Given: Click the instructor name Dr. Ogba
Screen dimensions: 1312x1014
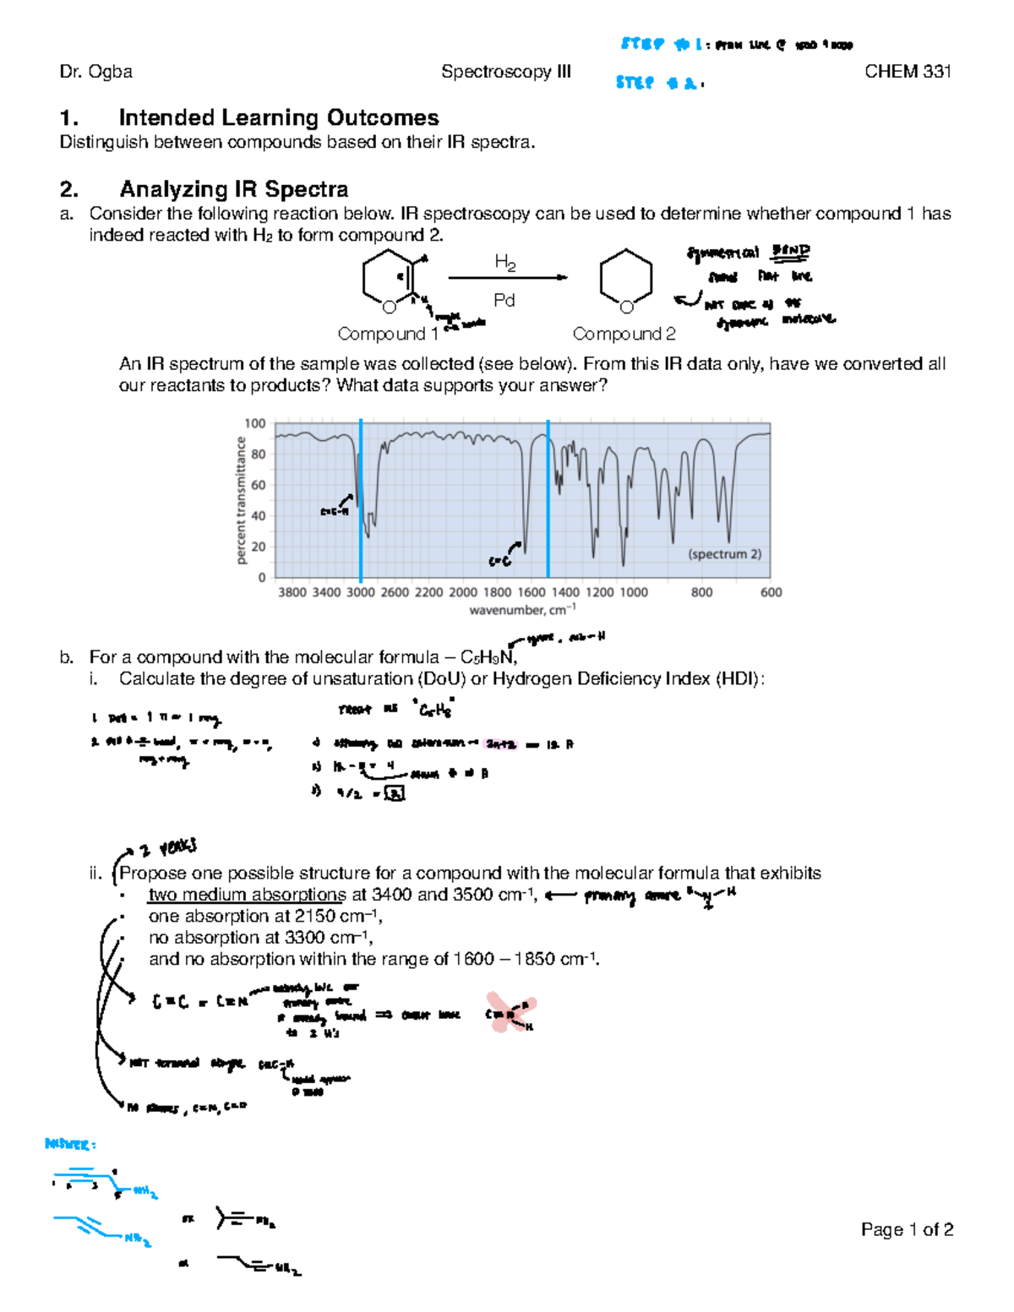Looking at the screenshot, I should [x=95, y=72].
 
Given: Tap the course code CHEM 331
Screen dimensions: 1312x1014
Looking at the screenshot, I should [x=908, y=72].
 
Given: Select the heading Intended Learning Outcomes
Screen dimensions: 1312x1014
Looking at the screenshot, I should [x=278, y=117].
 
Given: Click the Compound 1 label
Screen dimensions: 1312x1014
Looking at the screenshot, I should [x=387, y=334].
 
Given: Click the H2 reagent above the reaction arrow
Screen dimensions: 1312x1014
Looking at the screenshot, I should [x=504, y=263].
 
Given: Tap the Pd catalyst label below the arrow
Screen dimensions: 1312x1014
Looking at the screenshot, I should [x=504, y=300].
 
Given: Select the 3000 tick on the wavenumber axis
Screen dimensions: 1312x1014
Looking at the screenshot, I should [x=360, y=592].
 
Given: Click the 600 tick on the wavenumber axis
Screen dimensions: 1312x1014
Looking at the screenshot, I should [x=771, y=592].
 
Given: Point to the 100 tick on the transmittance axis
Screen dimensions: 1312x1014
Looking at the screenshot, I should [x=255, y=423].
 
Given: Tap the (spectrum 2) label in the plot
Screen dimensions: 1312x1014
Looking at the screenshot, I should [x=724, y=554].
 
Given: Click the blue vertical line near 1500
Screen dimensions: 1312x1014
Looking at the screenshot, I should [x=548, y=498].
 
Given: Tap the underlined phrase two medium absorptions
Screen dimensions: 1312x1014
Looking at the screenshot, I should [x=247, y=895].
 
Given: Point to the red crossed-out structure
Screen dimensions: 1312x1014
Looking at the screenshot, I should [x=510, y=1012].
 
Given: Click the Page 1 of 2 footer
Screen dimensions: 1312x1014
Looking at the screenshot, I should [x=907, y=1229].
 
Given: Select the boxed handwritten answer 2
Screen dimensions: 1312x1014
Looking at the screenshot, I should [x=395, y=793].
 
